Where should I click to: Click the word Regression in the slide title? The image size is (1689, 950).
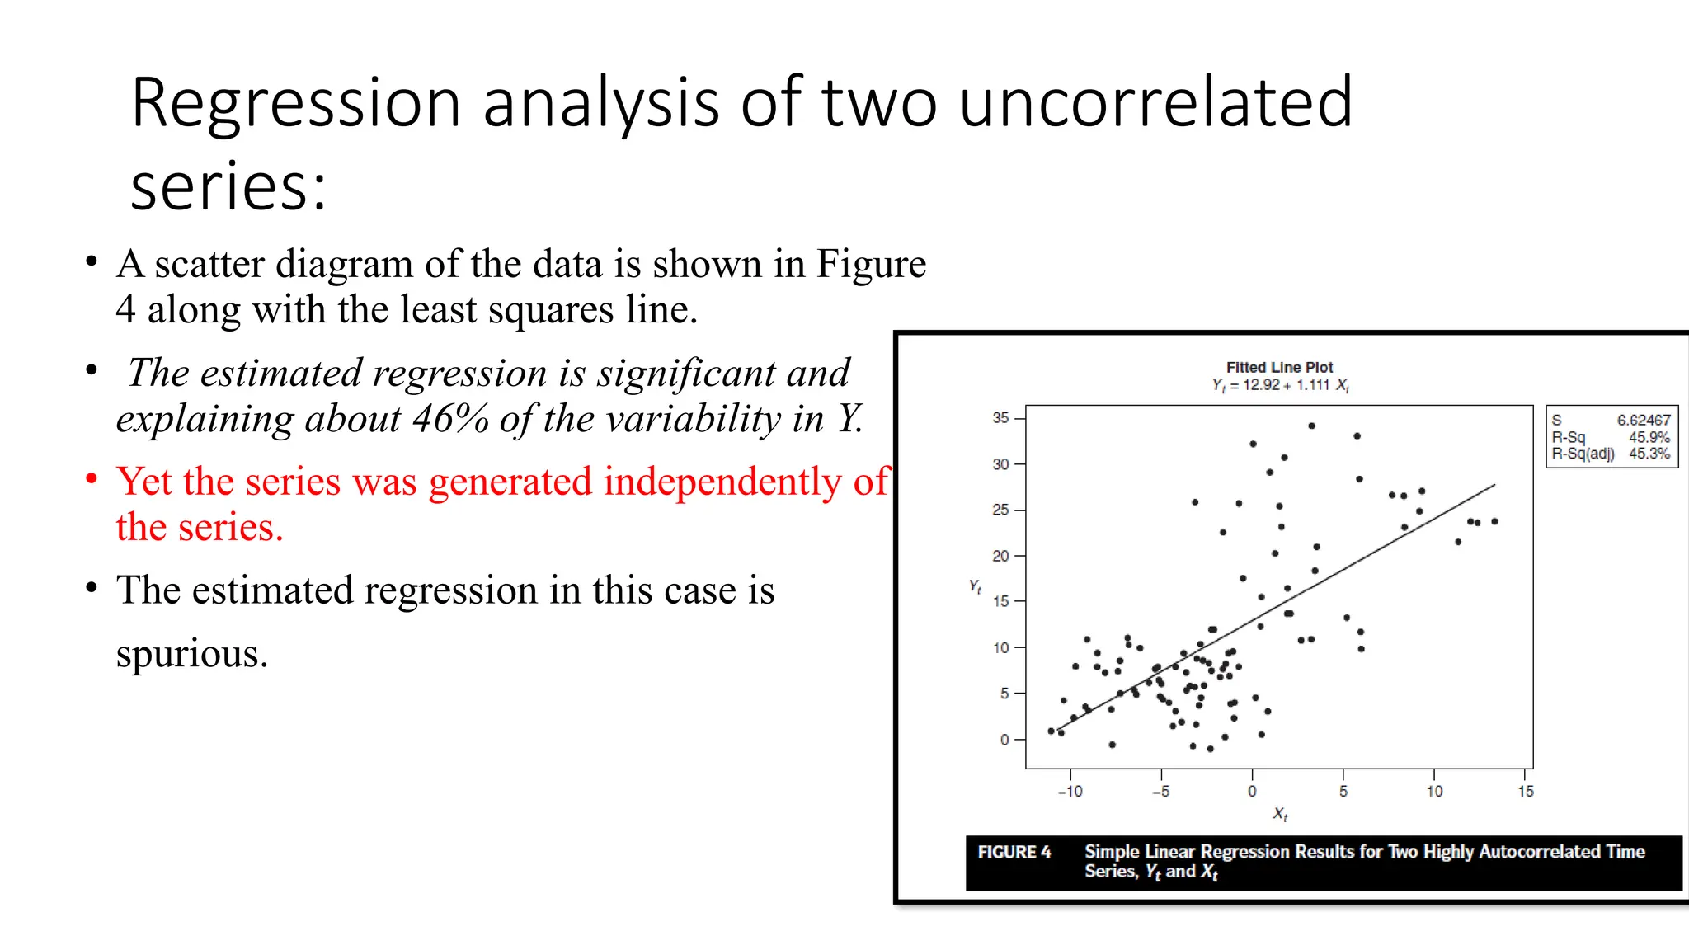[x=295, y=103]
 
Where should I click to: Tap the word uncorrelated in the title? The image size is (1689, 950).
[x=1155, y=103]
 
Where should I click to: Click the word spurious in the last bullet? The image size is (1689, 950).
[x=191, y=654]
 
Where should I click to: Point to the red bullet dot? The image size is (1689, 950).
[x=92, y=479]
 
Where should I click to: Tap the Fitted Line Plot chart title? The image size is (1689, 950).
[x=1278, y=367]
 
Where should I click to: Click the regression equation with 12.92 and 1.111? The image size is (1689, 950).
[x=1280, y=385]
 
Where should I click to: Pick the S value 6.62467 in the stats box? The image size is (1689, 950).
[x=1643, y=420]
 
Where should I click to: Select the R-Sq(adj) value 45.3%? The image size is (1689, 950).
[x=1649, y=454]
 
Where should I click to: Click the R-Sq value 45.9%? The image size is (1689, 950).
[x=1649, y=437]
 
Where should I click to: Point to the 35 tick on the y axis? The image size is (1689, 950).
[x=1000, y=418]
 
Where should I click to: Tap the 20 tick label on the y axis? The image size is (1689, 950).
[x=1000, y=556]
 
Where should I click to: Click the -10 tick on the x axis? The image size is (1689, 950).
[x=1070, y=792]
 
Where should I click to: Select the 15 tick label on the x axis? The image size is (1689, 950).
[x=1526, y=792]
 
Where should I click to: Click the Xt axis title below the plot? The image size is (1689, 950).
[x=1280, y=814]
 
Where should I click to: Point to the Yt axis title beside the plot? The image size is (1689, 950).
[x=975, y=586]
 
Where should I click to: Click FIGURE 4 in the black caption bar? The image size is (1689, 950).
[x=1014, y=852]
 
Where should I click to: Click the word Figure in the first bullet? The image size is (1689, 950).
[x=871, y=265]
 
